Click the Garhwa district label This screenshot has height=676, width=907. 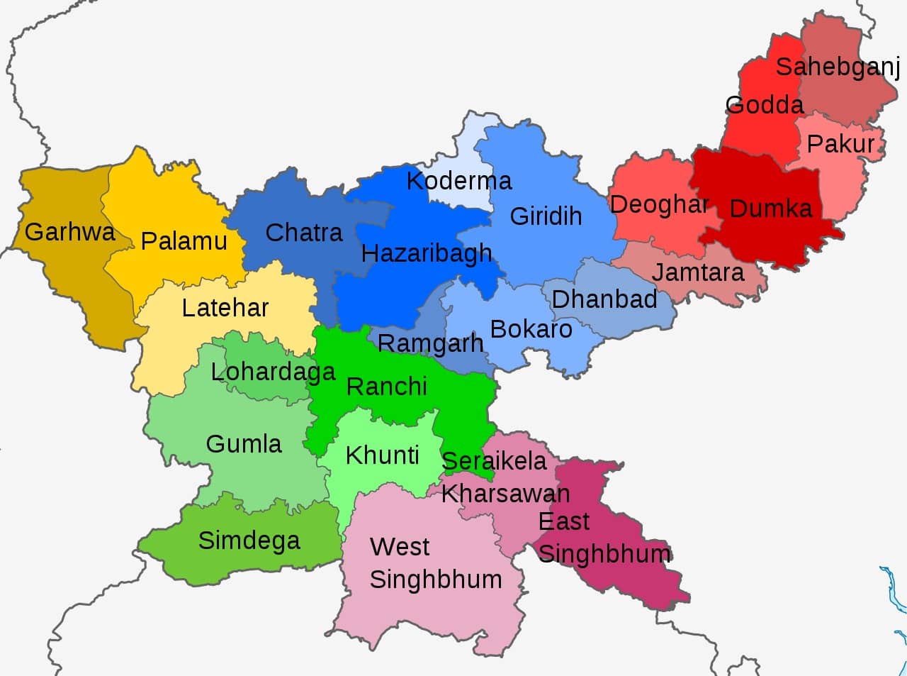click(69, 232)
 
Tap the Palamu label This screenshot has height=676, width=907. click(184, 241)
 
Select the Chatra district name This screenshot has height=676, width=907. click(303, 233)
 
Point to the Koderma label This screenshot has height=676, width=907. click(458, 181)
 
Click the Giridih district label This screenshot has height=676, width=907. click(546, 216)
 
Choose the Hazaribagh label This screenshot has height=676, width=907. click(426, 253)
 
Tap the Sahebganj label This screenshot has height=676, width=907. click(837, 67)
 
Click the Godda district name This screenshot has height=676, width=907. click(765, 106)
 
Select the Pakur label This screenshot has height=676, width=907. click(840, 144)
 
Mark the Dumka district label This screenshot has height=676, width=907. click(770, 209)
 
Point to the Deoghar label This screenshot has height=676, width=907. click(659, 205)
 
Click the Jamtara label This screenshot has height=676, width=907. click(697, 272)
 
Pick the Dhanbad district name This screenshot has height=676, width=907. click(604, 299)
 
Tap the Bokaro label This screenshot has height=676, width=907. click(531, 329)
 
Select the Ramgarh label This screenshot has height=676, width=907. click(430, 343)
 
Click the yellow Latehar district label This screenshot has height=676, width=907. click(225, 308)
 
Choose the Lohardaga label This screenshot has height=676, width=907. click(273, 372)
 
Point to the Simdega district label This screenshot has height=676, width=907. click(249, 541)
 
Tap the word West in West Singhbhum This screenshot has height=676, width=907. click(400, 547)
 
